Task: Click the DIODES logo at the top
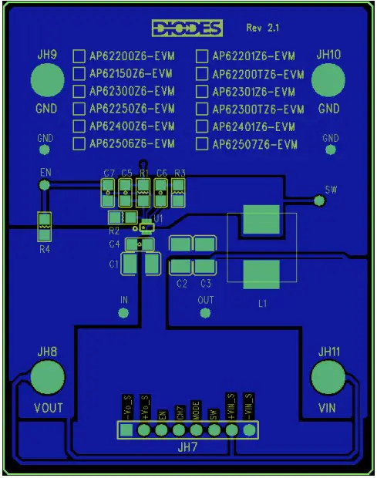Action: pyautogui.click(x=187, y=29)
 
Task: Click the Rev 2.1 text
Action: pyautogui.click(x=263, y=28)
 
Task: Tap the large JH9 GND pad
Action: pyautogui.click(x=47, y=80)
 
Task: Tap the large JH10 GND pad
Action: pyautogui.click(x=328, y=80)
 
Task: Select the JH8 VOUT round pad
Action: pyautogui.click(x=48, y=378)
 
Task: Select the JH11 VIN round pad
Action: pyautogui.click(x=328, y=378)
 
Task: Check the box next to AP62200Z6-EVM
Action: pyautogui.click(x=79, y=56)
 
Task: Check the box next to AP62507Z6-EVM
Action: pyautogui.click(x=202, y=144)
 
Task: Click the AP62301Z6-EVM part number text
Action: pyautogui.click(x=254, y=92)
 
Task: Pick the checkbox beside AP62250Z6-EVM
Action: pyautogui.click(x=79, y=109)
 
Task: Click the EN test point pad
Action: pyautogui.click(x=45, y=185)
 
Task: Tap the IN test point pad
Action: pyautogui.click(x=123, y=313)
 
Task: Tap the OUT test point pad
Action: pyautogui.click(x=205, y=313)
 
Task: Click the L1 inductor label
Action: pyautogui.click(x=263, y=304)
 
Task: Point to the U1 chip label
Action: pyautogui.click(x=159, y=219)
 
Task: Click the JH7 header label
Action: pyautogui.click(x=187, y=446)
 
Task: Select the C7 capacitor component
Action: pyautogui.click(x=108, y=192)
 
